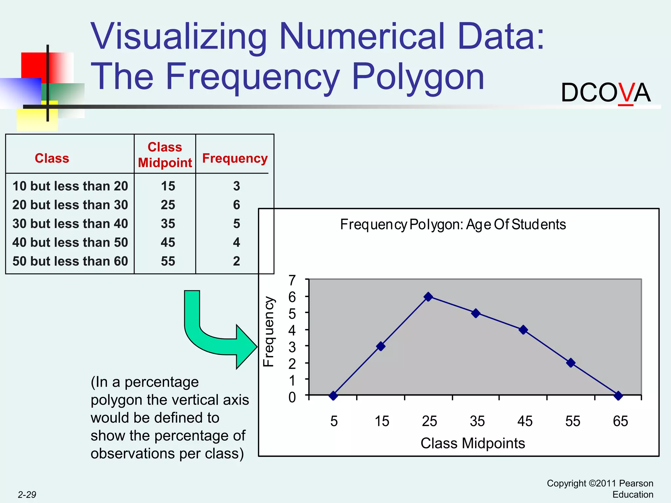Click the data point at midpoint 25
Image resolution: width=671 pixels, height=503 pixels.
(x=428, y=297)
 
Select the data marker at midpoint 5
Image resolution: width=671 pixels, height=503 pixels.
(x=333, y=396)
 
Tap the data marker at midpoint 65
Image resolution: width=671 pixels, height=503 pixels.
(x=618, y=396)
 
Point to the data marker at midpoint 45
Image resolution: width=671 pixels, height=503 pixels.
(x=523, y=330)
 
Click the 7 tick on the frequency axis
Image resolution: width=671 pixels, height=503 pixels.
(x=292, y=280)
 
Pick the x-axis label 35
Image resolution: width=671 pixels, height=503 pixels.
(x=477, y=421)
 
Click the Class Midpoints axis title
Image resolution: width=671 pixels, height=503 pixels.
(x=472, y=443)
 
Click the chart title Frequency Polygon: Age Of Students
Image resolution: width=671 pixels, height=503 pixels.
(x=453, y=225)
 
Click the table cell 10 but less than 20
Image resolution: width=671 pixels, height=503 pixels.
(x=70, y=186)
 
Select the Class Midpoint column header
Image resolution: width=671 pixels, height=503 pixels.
(x=165, y=155)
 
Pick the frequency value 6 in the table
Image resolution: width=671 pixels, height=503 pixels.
(x=237, y=205)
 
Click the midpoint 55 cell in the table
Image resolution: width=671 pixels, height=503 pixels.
(x=168, y=261)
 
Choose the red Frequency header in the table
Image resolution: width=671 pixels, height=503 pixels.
(x=235, y=158)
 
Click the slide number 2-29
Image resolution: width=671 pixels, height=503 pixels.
(x=27, y=494)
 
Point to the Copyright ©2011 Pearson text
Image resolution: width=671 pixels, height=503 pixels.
(x=600, y=483)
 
